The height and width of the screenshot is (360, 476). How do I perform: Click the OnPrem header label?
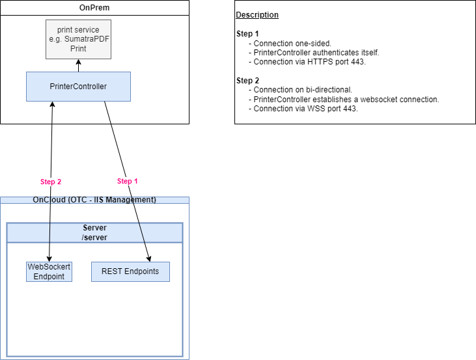[x=94, y=7]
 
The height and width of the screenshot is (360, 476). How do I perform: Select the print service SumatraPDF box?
[x=78, y=39]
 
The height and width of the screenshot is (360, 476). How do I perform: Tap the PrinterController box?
[x=78, y=87]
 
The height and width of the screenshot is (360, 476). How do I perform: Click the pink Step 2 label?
[x=51, y=182]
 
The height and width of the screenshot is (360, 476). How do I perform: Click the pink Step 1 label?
[x=127, y=182]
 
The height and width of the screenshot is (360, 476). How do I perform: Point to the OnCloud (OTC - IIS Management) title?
[x=94, y=200]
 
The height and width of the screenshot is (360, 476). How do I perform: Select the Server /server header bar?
[x=94, y=233]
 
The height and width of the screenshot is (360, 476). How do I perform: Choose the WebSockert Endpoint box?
[x=49, y=271]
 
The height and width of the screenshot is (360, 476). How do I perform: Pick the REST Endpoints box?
[x=130, y=271]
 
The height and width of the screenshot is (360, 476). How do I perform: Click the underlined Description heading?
[x=257, y=15]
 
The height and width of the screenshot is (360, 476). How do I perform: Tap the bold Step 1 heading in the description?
[x=247, y=34]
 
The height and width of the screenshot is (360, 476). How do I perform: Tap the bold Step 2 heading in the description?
[x=247, y=81]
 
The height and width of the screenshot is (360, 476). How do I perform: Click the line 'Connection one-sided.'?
[x=292, y=44]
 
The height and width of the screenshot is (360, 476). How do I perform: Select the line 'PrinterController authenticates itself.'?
[x=316, y=53]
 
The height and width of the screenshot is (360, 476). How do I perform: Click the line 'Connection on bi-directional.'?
[x=303, y=90]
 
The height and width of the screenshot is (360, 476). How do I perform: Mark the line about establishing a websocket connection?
[x=346, y=100]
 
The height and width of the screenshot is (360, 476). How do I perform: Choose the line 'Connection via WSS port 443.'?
[x=305, y=109]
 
